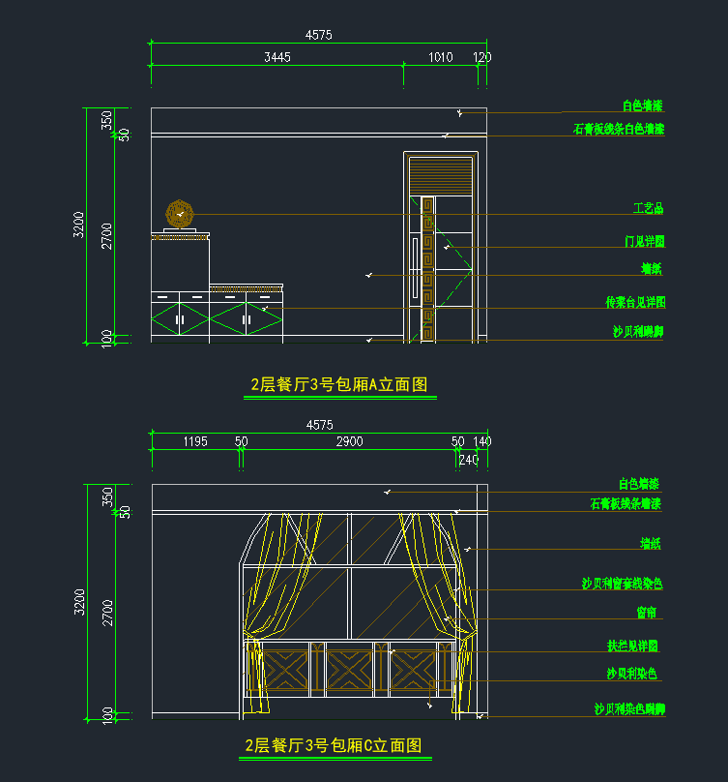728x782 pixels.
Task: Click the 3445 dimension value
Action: (277, 57)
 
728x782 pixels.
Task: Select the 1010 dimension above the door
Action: (440, 57)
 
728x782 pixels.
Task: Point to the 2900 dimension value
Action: (349, 441)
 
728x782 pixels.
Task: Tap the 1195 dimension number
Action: (195, 441)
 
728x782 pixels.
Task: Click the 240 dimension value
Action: (468, 459)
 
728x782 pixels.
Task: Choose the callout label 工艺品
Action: (649, 208)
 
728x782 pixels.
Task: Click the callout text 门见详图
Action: (645, 241)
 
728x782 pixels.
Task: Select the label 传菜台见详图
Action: (635, 303)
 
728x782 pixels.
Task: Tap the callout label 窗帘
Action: (648, 613)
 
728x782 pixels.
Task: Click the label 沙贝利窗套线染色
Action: (622, 584)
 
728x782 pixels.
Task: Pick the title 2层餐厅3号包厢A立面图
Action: (338, 384)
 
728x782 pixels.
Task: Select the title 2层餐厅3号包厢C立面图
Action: (334, 745)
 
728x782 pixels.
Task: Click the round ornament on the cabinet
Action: (180, 213)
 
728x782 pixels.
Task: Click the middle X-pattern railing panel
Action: (349, 669)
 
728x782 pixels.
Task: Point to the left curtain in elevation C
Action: (269, 600)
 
